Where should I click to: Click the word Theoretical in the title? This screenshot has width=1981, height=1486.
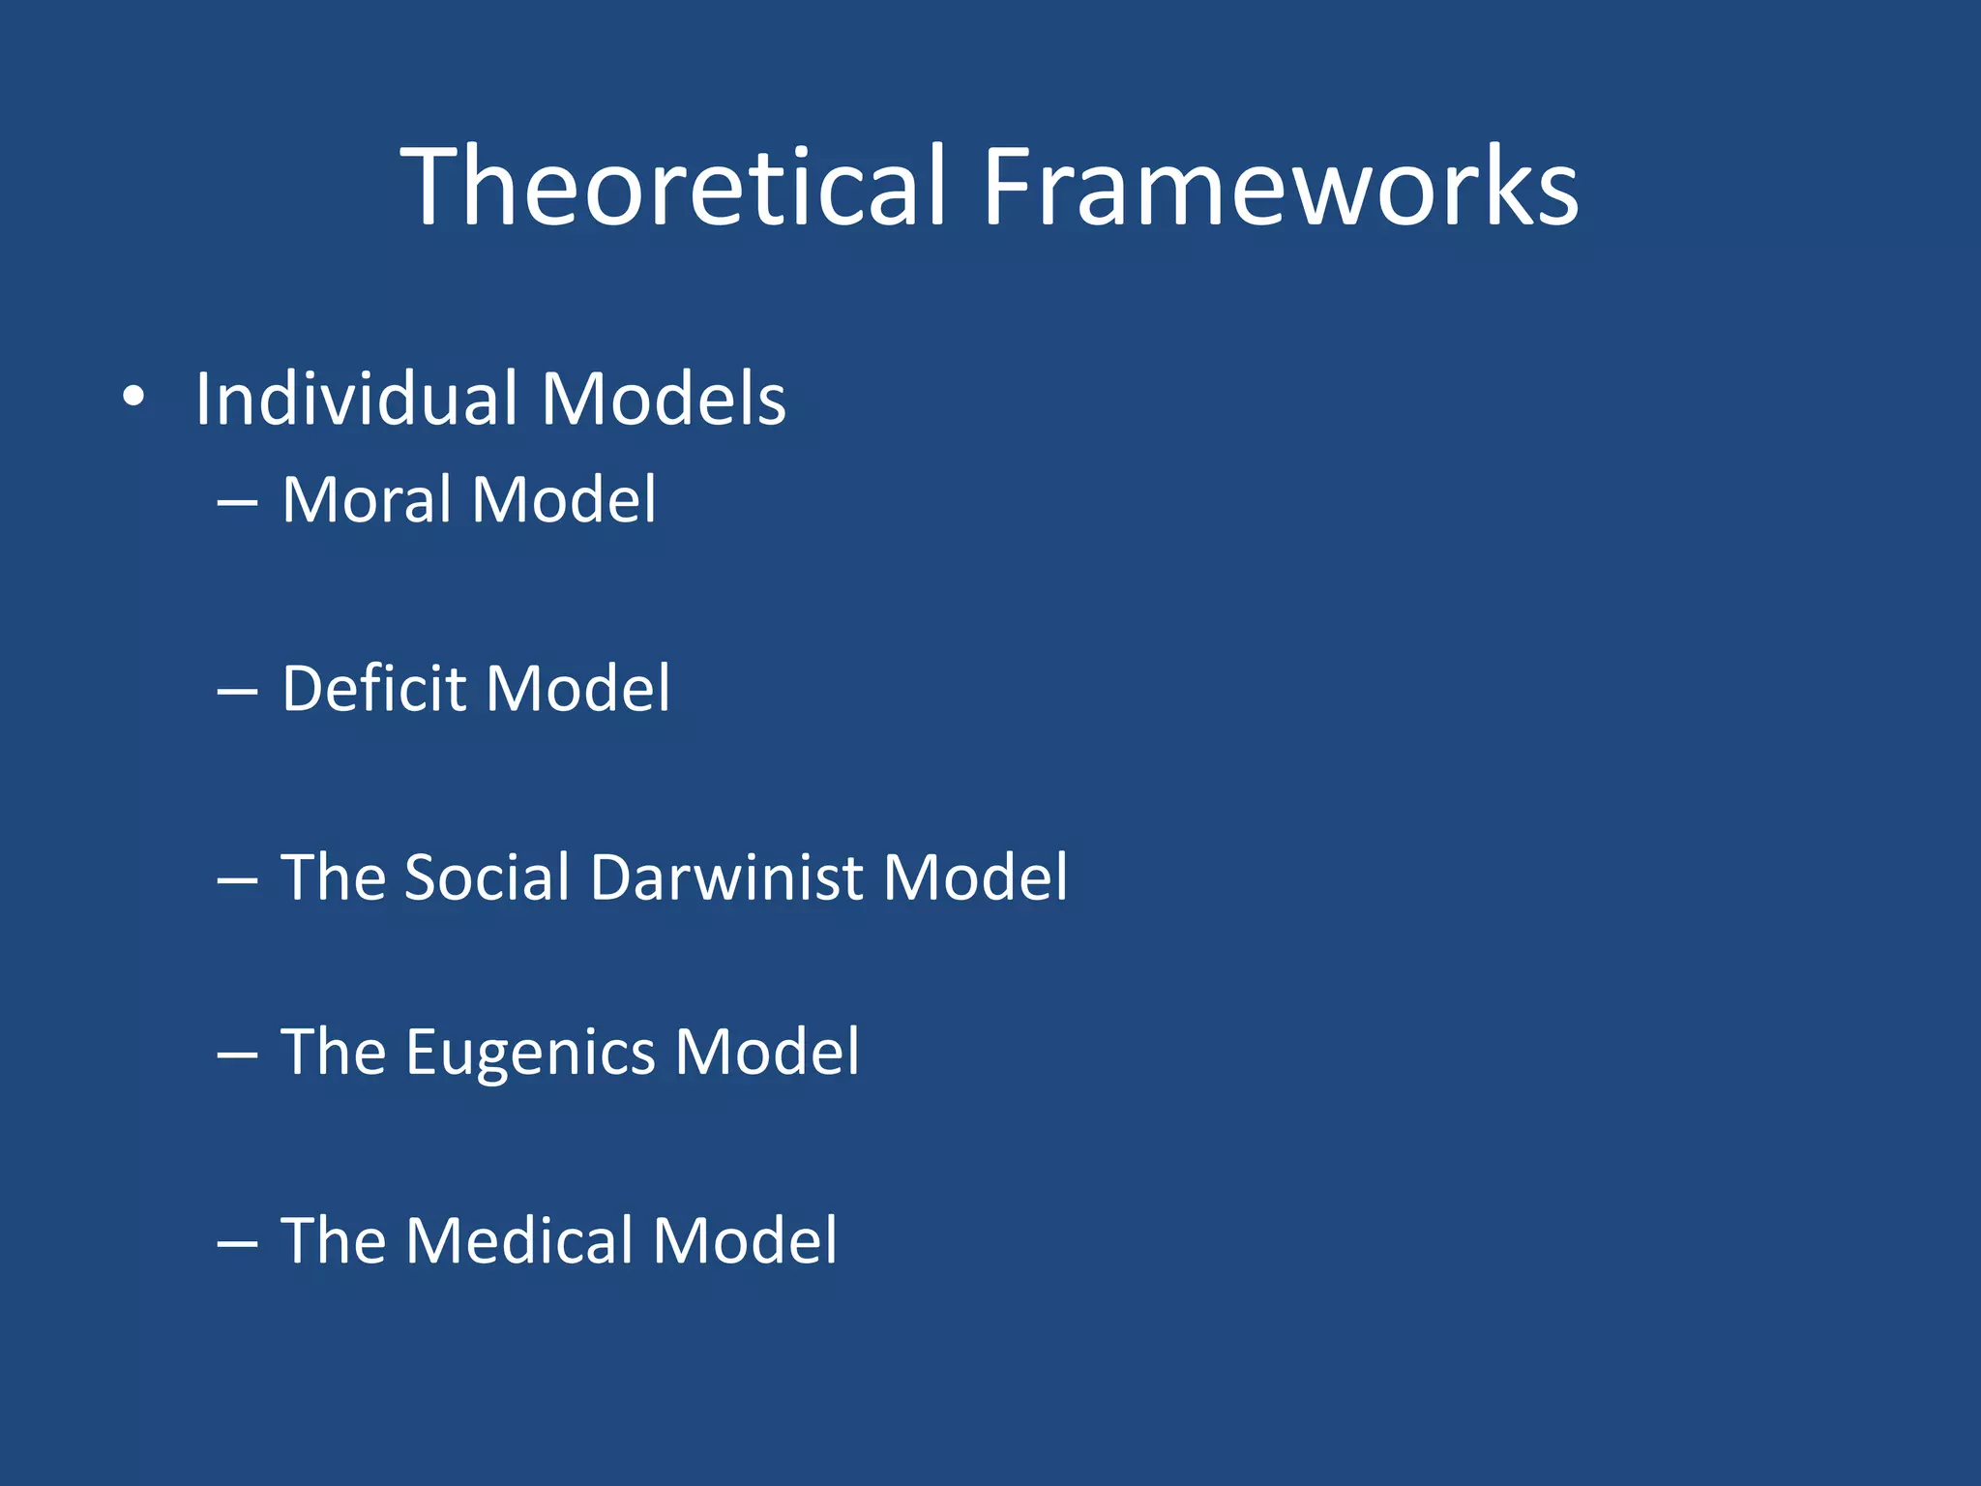click(672, 186)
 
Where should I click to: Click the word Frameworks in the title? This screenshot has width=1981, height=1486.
click(1280, 186)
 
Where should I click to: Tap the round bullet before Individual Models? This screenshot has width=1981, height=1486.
click(134, 397)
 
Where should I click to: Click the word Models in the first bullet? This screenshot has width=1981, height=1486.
click(664, 399)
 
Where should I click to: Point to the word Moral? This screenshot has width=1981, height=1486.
click(366, 500)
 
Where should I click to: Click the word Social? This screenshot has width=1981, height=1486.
click(487, 877)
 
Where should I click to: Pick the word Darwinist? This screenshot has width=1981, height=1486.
click(726, 877)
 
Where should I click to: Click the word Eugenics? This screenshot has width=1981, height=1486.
click(530, 1053)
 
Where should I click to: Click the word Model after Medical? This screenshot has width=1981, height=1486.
click(745, 1241)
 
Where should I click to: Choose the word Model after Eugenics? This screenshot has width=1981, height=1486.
click(767, 1053)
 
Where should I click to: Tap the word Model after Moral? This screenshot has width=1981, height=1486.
click(564, 500)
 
